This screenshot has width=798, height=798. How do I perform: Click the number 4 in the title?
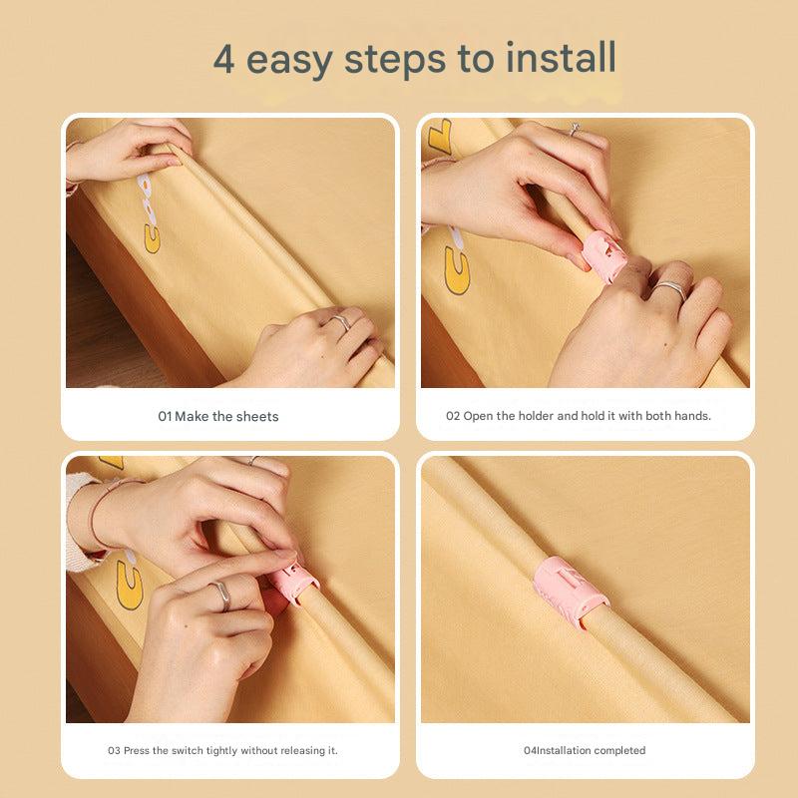[223, 59]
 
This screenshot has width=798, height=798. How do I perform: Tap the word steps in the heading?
[395, 60]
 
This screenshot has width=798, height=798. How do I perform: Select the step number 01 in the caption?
[165, 416]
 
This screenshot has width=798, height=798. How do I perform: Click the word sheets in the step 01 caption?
[257, 416]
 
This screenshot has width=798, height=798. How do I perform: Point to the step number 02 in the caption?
[453, 416]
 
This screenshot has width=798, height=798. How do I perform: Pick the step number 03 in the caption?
[114, 750]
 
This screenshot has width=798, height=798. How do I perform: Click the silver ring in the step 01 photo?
[341, 321]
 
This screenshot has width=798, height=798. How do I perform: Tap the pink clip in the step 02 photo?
[603, 254]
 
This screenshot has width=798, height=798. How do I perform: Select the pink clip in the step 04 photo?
[571, 591]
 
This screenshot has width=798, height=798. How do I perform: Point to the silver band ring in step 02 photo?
[671, 289]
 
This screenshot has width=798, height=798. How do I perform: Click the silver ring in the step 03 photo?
[221, 596]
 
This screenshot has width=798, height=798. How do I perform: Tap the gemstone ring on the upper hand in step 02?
[575, 129]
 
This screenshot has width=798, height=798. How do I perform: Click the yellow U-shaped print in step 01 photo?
[152, 238]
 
